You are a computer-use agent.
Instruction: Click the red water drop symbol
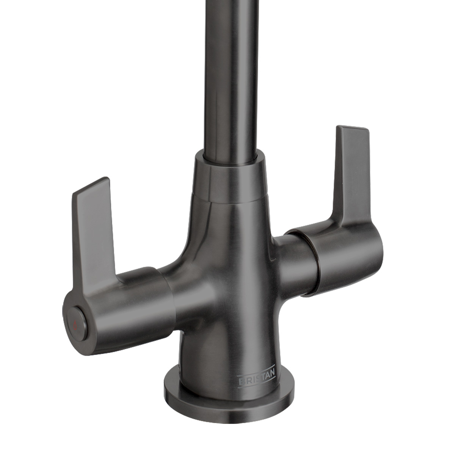[75, 324]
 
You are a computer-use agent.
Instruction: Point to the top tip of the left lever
[93, 184]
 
